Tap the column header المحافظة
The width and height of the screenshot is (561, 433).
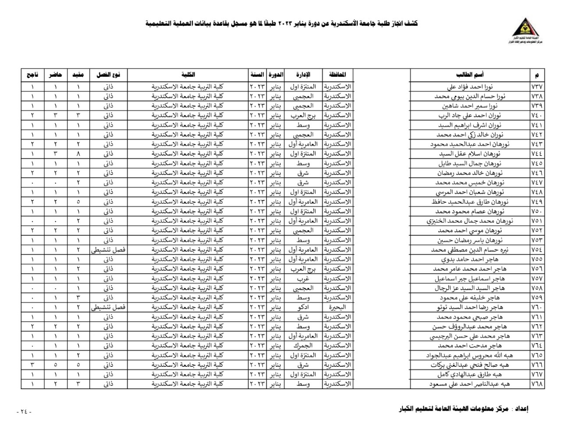tap(337, 75)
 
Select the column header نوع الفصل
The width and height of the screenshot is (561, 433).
tap(109, 75)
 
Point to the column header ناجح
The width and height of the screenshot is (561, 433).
tap(32, 75)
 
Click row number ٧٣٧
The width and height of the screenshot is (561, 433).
tap(537, 87)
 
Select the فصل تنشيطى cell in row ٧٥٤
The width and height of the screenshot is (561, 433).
tap(109, 250)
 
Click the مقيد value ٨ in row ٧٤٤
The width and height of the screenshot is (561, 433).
tap(78, 154)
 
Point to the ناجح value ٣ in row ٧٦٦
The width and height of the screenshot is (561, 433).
tap(32, 365)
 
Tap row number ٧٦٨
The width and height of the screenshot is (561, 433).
tap(537, 384)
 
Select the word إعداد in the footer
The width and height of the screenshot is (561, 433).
tap(521, 409)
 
